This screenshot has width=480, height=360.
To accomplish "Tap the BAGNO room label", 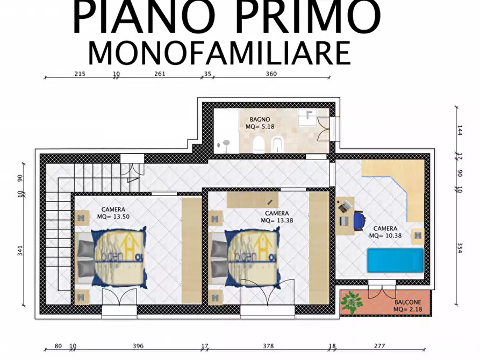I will click(260, 119).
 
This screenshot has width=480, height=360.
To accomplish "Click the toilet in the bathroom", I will click(258, 143).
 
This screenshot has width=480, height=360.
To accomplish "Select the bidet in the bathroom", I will click(278, 144).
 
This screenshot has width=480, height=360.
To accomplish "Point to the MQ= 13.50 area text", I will click(113, 217).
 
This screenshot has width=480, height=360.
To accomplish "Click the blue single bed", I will click(395, 261).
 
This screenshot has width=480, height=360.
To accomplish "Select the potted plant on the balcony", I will click(351, 302).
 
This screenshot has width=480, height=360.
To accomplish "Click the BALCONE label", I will click(407, 303).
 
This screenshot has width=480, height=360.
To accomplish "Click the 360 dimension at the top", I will click(271, 74).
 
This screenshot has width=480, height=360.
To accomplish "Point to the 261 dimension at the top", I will click(159, 74).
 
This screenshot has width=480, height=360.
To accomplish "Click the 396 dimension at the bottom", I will click(138, 346).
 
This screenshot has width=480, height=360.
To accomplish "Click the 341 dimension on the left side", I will click(20, 250).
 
